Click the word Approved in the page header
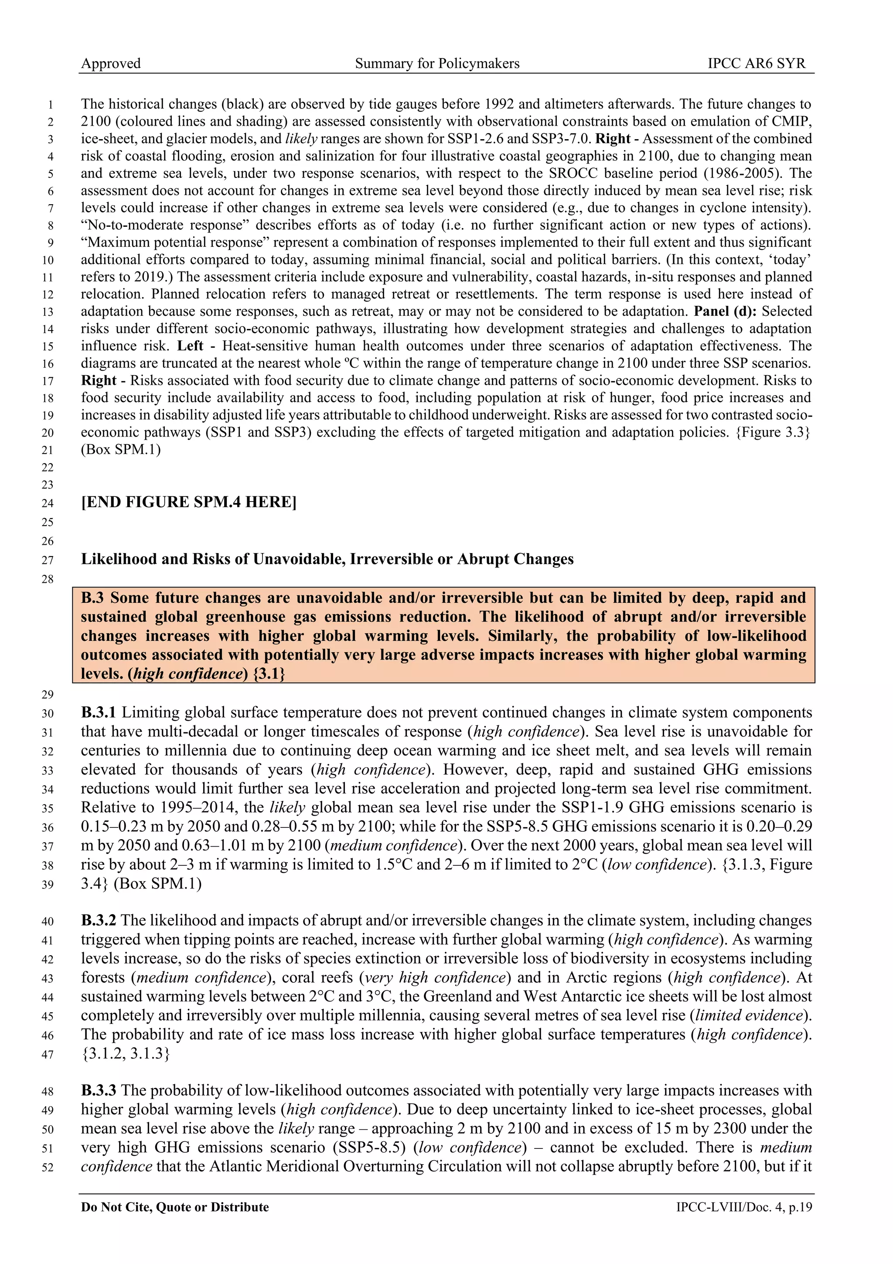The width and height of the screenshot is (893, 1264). (x=111, y=63)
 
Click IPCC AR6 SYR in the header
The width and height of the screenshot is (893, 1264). (x=756, y=63)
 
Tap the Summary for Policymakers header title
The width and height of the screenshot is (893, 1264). (x=437, y=63)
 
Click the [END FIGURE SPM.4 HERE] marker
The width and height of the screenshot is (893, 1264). (x=188, y=502)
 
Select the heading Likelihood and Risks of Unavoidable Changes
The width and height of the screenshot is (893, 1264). (x=327, y=559)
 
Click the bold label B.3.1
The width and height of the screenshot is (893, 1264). (x=99, y=713)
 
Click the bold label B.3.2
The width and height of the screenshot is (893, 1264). (x=99, y=920)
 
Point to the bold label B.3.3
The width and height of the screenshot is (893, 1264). (x=99, y=1090)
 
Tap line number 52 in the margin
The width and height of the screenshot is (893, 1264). (x=48, y=1168)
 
